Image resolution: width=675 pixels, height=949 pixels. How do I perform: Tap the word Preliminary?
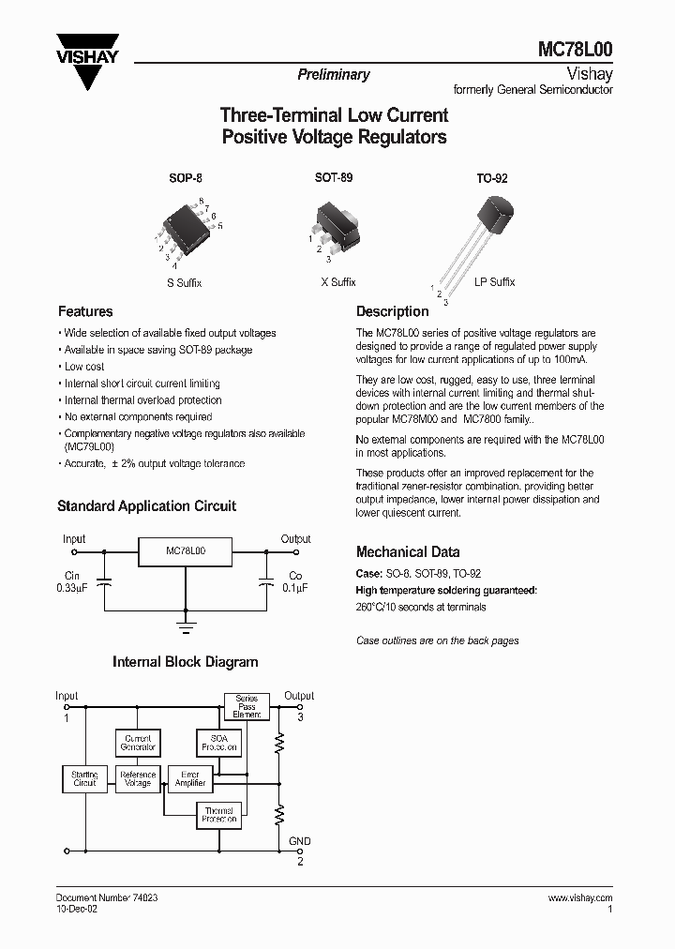tap(334, 75)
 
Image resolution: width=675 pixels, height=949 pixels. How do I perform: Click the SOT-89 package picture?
tap(335, 225)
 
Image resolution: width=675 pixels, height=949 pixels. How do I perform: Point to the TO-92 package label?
tap(492, 177)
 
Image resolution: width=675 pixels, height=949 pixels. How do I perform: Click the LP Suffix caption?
tap(494, 282)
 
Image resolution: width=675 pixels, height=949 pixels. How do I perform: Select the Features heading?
tap(85, 311)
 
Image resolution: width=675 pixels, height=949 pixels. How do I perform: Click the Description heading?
tap(392, 311)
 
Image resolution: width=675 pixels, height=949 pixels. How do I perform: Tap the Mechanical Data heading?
tap(408, 552)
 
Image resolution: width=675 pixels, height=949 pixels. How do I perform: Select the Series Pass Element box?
tap(247, 706)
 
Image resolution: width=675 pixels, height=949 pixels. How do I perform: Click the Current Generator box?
tap(138, 744)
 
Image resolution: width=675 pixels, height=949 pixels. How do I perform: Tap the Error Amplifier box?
tap(189, 779)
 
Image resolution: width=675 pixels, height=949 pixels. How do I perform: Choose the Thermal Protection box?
tap(218, 815)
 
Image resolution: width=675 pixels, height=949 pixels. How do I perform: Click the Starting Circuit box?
tap(84, 779)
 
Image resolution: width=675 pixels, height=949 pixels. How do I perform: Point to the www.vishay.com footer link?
tap(579, 897)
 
